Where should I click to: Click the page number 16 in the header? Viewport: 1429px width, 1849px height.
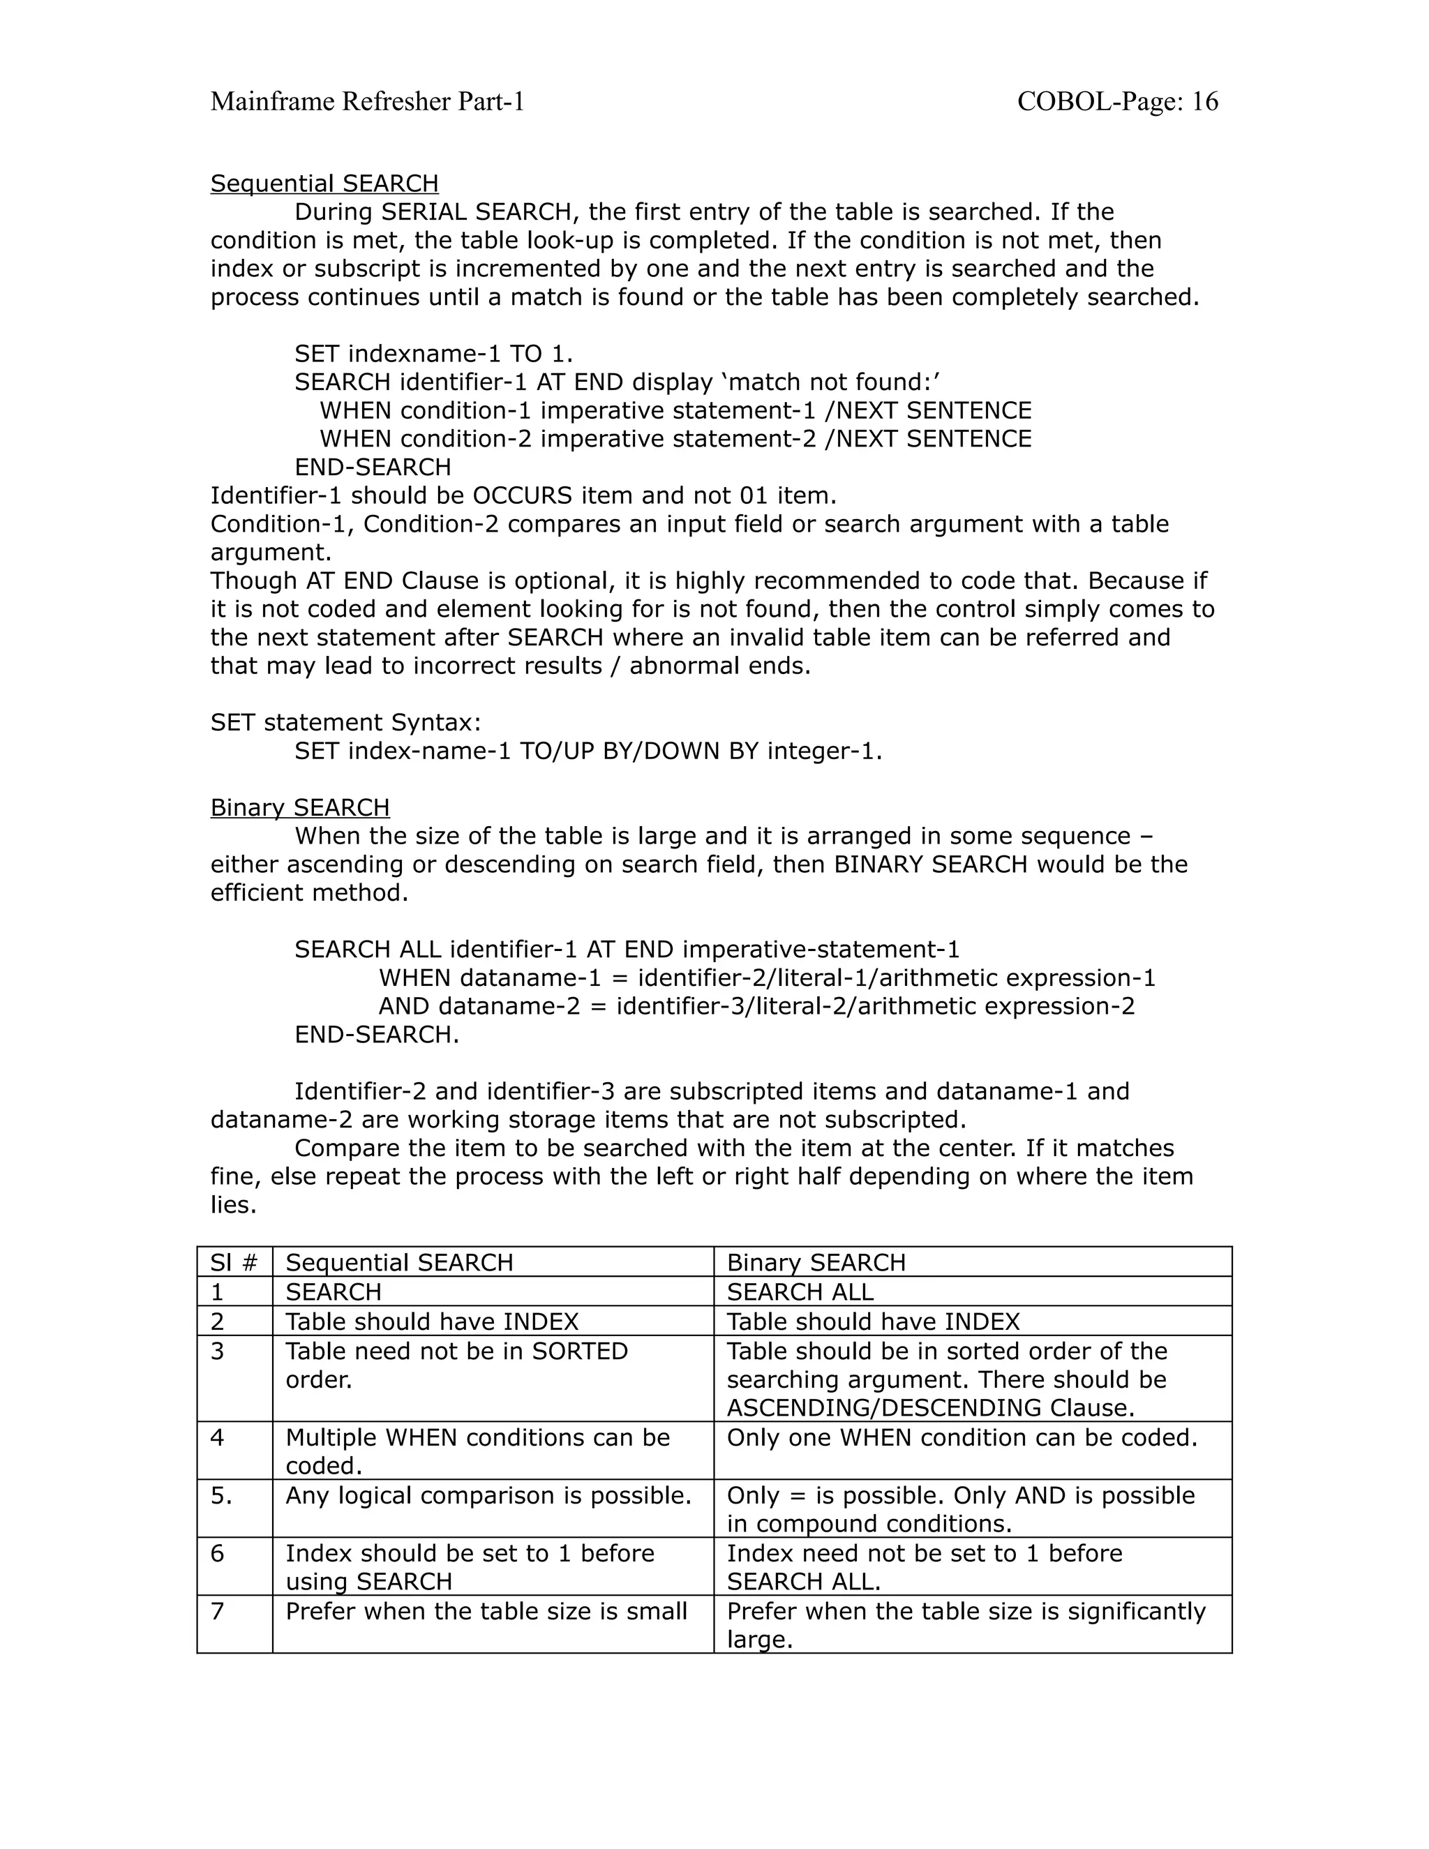click(1204, 102)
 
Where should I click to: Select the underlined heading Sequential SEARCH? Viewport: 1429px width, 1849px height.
click(324, 184)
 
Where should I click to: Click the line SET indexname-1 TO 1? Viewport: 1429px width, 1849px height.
click(433, 354)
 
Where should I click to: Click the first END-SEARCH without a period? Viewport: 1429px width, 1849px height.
click(373, 467)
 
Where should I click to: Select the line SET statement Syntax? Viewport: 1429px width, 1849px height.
click(345, 722)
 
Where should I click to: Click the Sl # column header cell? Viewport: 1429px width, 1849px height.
click(234, 1262)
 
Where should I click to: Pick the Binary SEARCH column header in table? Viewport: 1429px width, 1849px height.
click(816, 1262)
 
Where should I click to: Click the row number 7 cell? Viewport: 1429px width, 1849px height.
click(218, 1611)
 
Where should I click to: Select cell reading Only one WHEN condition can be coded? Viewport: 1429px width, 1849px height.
click(962, 1437)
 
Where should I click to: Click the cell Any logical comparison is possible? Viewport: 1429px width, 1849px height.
click(488, 1495)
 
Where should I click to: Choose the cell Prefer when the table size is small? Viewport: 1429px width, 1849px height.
click(486, 1611)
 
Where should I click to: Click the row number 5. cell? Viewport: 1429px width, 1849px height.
click(221, 1495)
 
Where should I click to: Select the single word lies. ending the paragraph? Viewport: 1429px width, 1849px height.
click(233, 1205)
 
